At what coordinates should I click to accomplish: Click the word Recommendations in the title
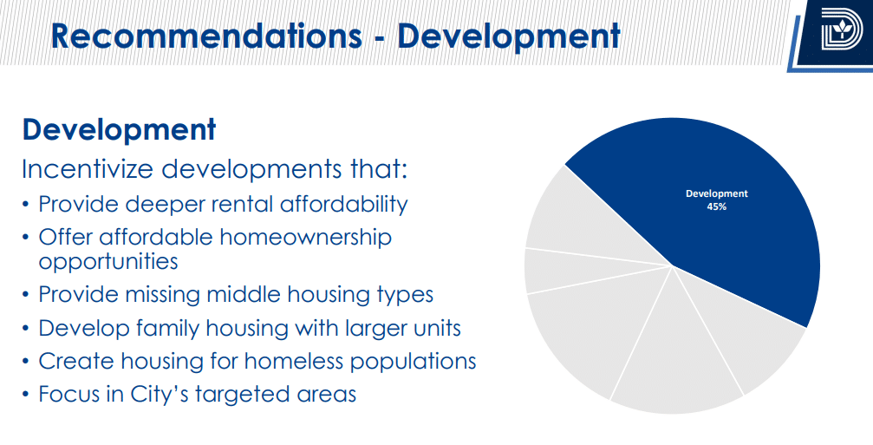coord(206,36)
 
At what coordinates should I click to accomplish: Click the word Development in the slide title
coord(508,36)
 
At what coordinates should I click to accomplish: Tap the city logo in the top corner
coord(841,30)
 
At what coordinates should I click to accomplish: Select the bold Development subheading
coord(119,131)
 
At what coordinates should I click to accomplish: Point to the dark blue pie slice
coord(707,212)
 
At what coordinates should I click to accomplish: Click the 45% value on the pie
coord(717,206)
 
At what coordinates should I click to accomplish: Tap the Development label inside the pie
coord(717,193)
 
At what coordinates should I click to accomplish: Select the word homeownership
coord(306,238)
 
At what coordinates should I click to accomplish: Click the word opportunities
coord(108,261)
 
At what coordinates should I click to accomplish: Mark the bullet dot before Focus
coord(25,395)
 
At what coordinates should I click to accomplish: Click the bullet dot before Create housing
coord(25,362)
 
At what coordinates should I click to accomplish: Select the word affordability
coord(343,205)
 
